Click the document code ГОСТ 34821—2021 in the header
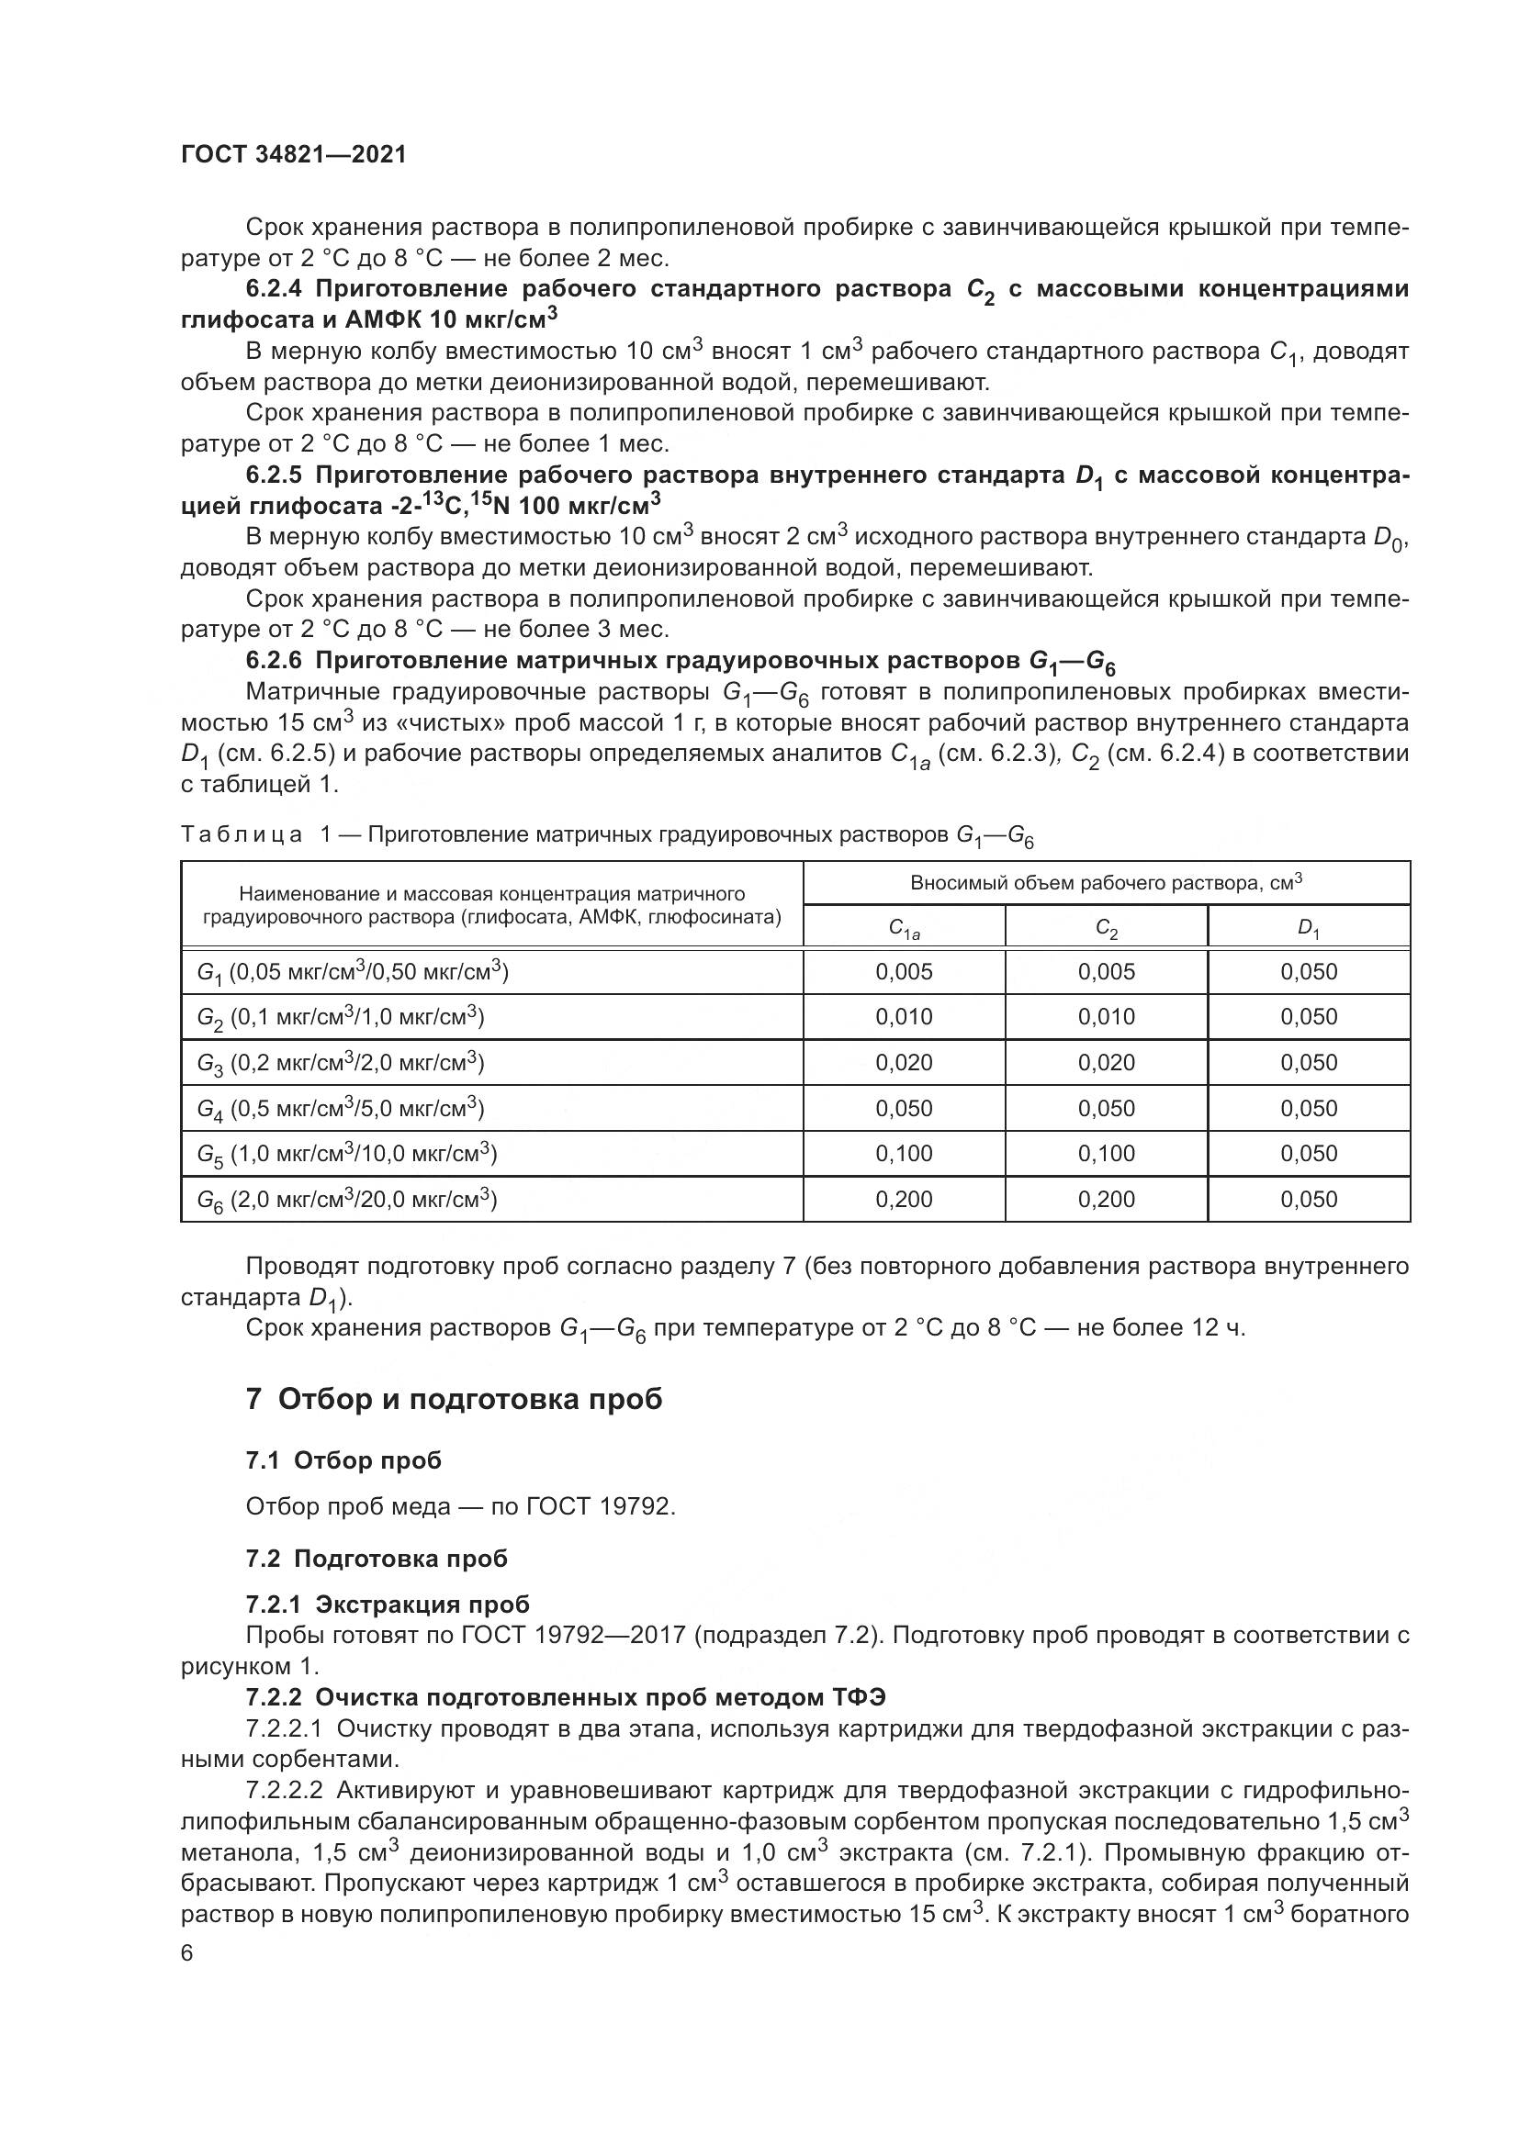point(294,154)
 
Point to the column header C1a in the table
point(904,929)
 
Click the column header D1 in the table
point(1309,929)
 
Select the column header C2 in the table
point(1106,929)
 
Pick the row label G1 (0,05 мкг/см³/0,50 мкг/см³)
point(353,972)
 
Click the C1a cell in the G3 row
point(904,1062)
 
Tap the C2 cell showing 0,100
point(1106,1153)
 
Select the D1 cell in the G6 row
point(1309,1199)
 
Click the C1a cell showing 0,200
point(904,1199)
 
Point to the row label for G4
point(341,1108)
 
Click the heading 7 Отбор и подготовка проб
point(454,1400)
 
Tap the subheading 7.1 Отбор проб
point(343,1460)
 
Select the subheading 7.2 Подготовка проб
point(376,1559)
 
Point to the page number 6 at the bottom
point(187,1954)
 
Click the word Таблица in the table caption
point(242,834)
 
